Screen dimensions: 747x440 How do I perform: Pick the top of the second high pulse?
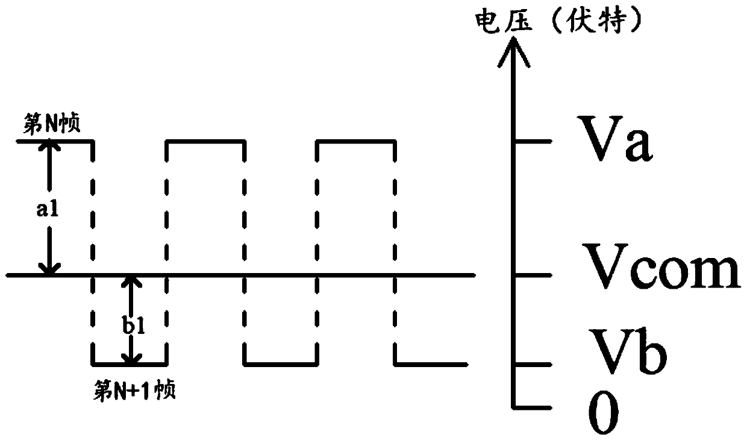point(205,142)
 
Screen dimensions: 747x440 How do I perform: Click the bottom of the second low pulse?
point(281,364)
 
